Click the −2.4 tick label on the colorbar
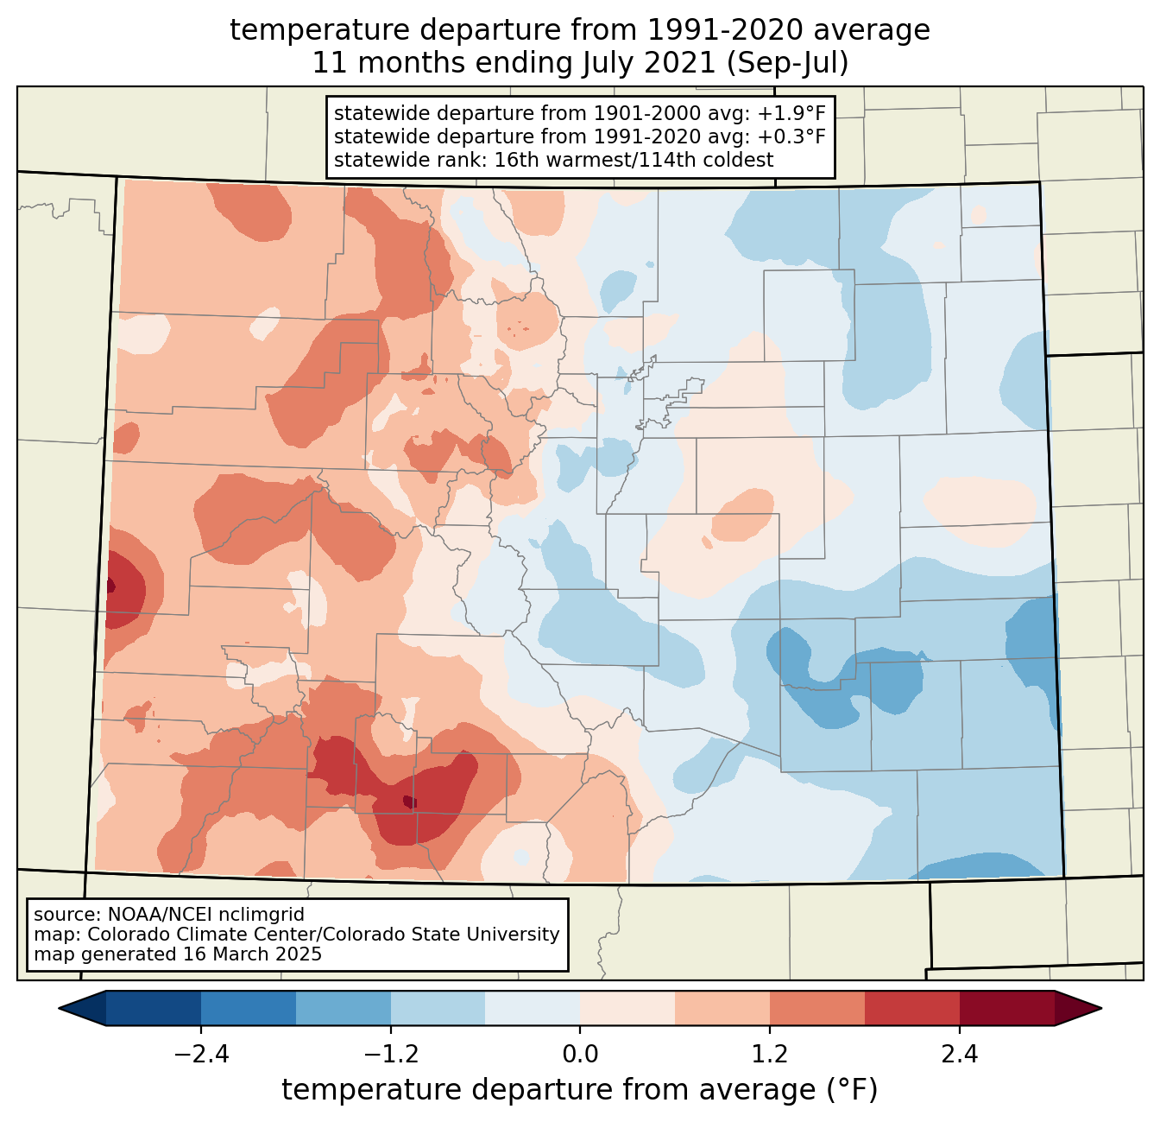tap(200, 1055)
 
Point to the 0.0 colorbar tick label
tap(580, 1055)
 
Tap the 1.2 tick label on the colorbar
tap(770, 1055)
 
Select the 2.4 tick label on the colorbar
tap(959, 1055)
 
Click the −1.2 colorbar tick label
tap(390, 1055)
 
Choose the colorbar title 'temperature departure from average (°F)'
tap(580, 1089)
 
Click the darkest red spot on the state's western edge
tap(110, 586)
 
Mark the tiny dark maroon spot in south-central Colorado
tap(409, 802)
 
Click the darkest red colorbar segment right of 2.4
tap(1006, 1008)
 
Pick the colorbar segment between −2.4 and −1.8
tap(249, 1008)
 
